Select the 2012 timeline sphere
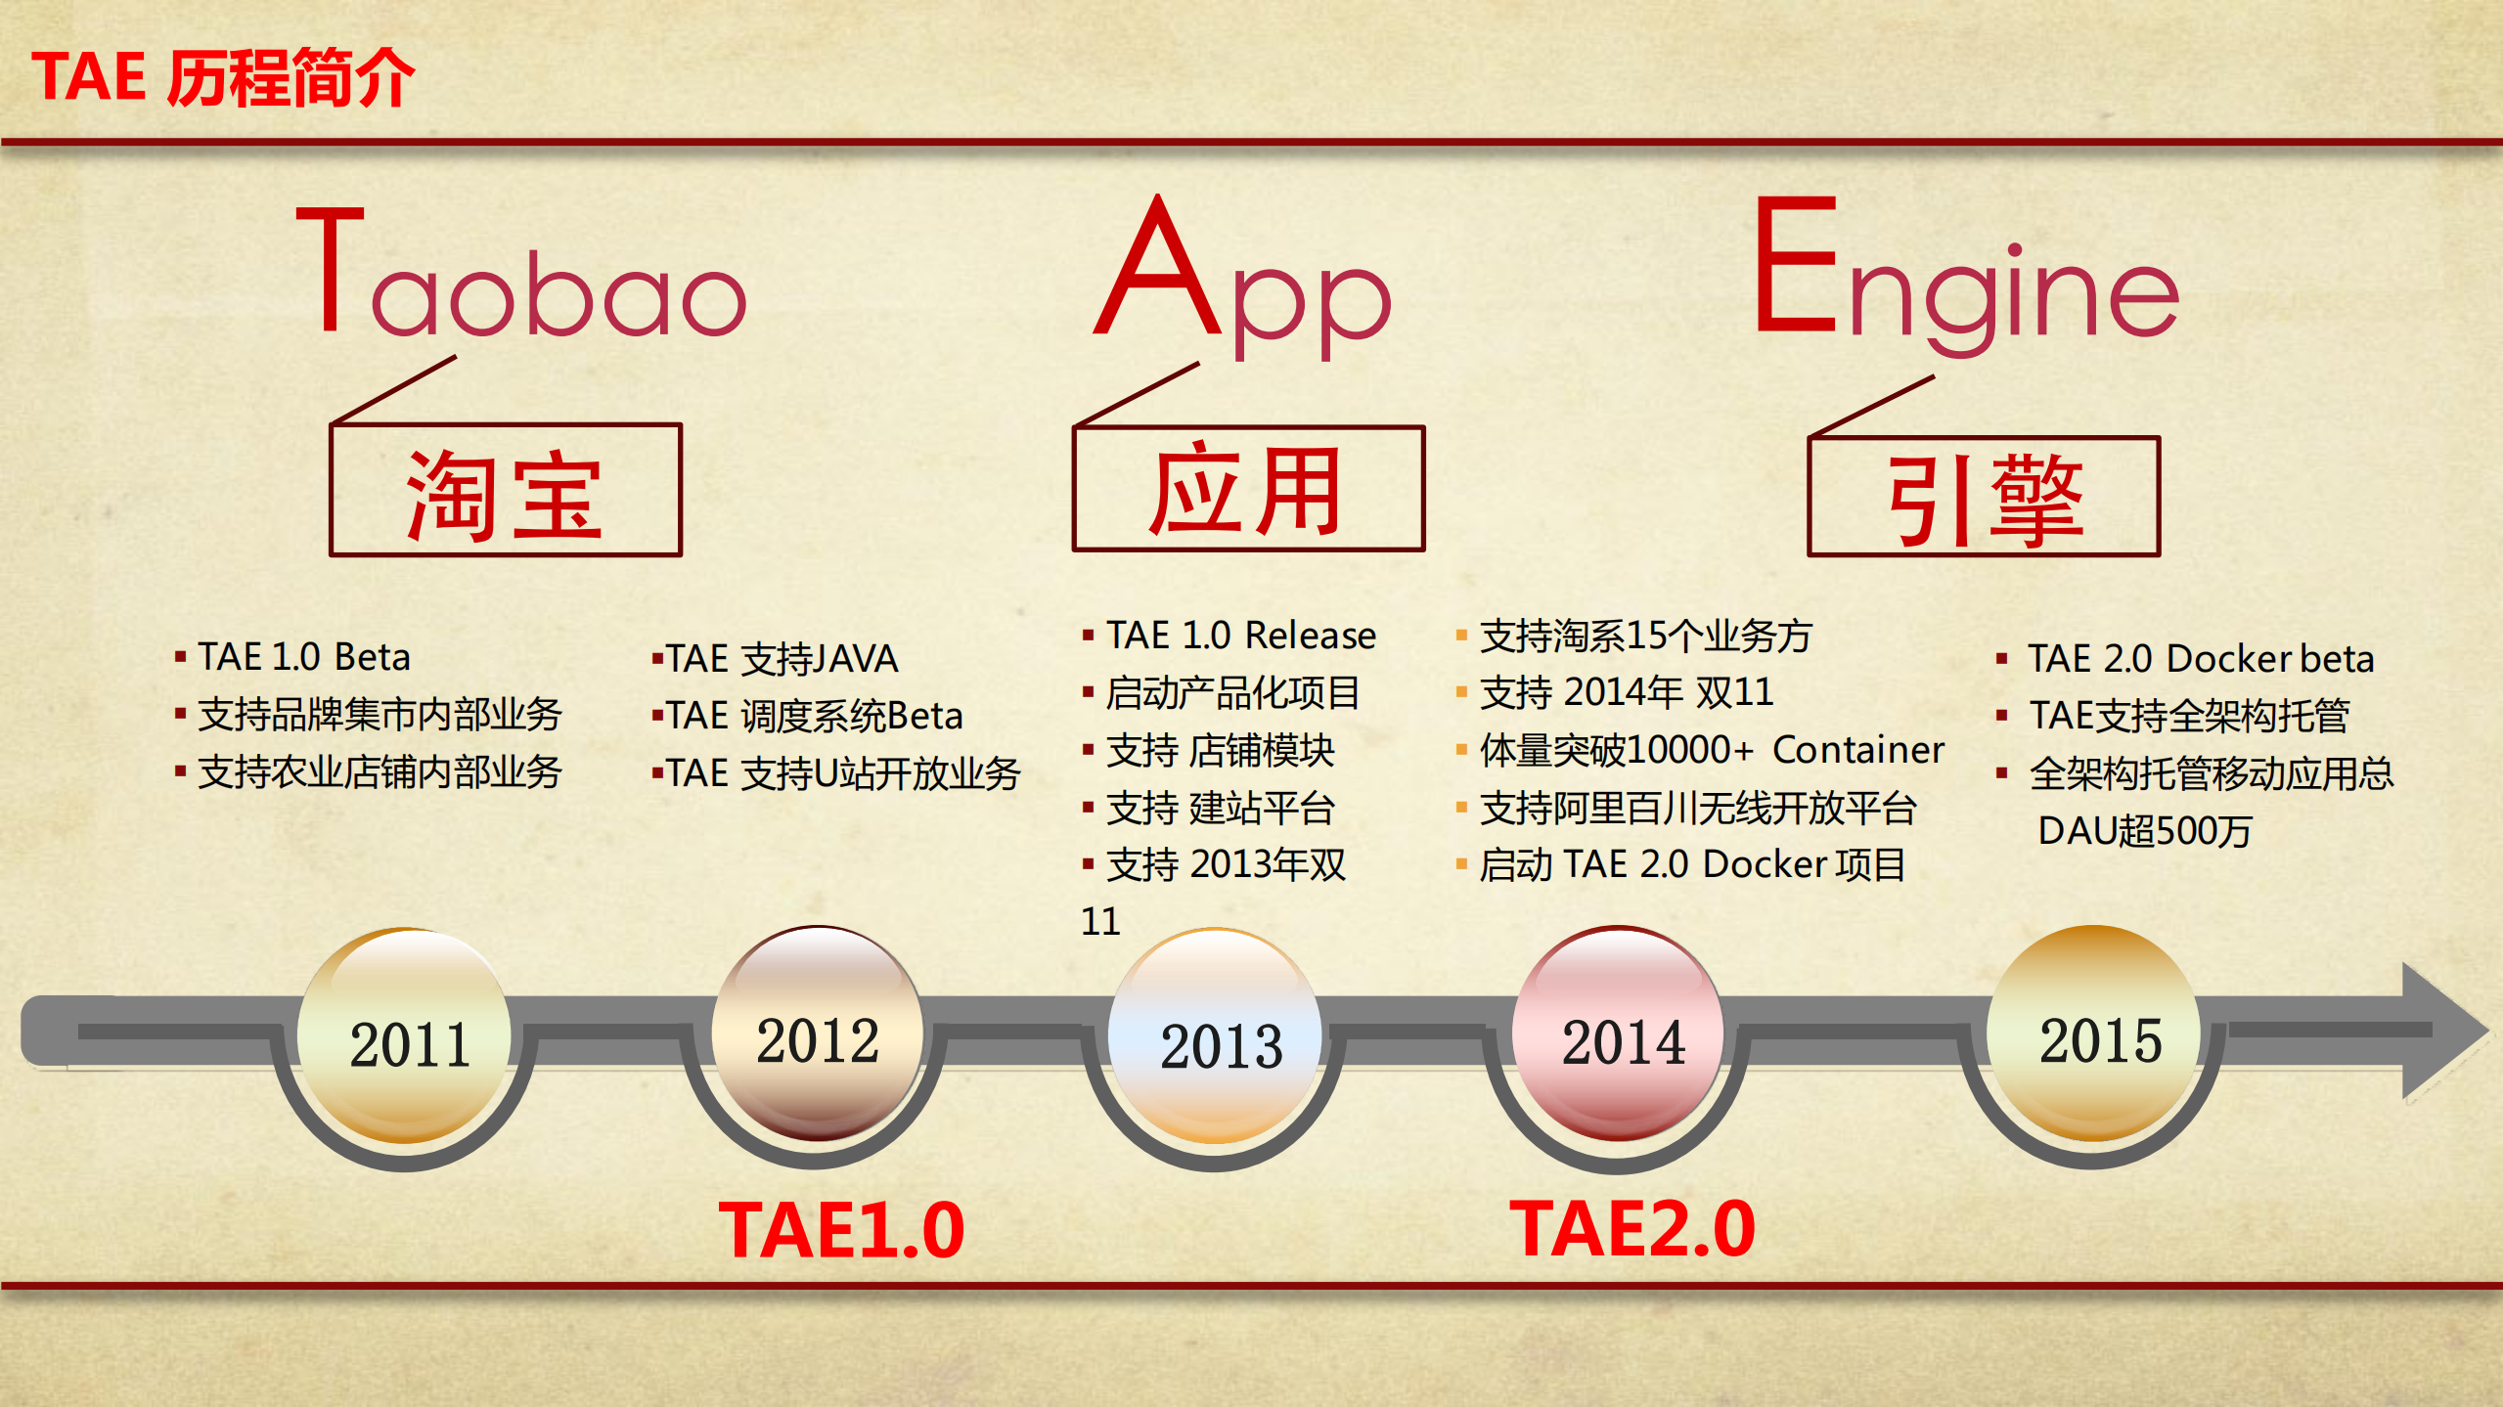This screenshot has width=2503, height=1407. pyautogui.click(x=818, y=1034)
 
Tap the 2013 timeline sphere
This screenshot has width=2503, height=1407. pyautogui.click(x=1219, y=1038)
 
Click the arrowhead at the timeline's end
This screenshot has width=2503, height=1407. pyautogui.click(x=2441, y=1031)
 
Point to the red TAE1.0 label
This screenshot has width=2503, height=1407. pyautogui.click(x=841, y=1230)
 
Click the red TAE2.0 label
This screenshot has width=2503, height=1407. pyautogui.click(x=1631, y=1228)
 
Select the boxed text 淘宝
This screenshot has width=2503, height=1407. pyautogui.click(x=505, y=494)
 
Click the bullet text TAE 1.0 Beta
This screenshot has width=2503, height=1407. pyautogui.click(x=303, y=657)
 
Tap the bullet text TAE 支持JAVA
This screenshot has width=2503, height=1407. pyautogui.click(x=781, y=659)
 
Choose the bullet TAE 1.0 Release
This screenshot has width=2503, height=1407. pyautogui.click(x=1240, y=636)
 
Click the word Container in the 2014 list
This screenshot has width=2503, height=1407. pyautogui.click(x=1857, y=750)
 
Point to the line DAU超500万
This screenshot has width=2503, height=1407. pyautogui.click(x=2144, y=831)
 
